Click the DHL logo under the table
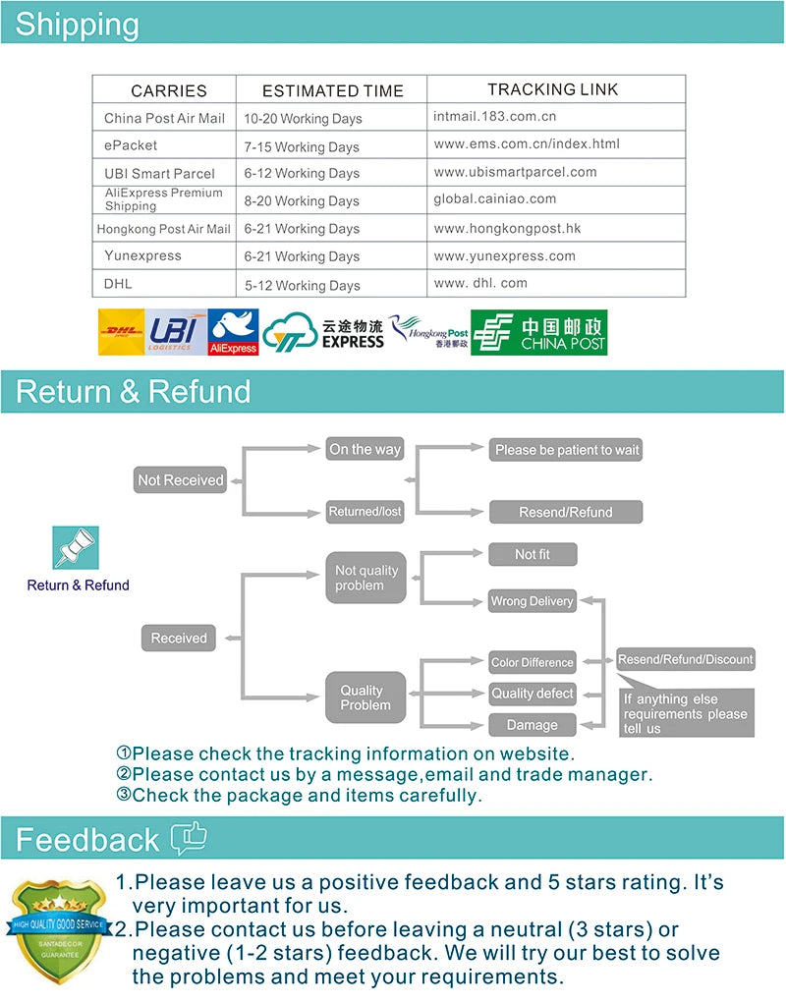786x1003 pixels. [122, 332]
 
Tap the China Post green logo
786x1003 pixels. [538, 332]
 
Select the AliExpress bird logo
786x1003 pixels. [234, 332]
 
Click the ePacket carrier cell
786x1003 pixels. [131, 145]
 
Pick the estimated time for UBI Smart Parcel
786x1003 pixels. [302, 173]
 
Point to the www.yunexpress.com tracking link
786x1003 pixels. [505, 255]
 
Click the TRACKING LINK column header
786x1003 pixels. [553, 89]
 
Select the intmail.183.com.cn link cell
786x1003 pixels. [495, 116]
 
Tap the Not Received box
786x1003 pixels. [181, 480]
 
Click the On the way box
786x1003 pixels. [365, 449]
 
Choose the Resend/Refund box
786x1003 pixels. [566, 512]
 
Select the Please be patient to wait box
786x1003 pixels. [567, 450]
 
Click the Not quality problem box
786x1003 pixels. [365, 578]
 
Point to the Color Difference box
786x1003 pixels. [533, 662]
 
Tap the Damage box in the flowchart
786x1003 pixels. [533, 725]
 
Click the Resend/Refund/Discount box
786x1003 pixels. [686, 659]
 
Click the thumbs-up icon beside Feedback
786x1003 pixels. [189, 838]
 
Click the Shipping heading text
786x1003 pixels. [78, 24]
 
